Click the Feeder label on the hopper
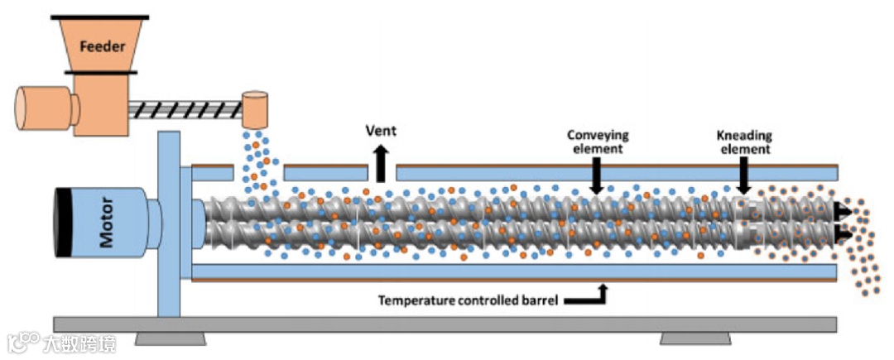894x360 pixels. tap(102, 46)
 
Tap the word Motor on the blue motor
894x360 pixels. tap(107, 225)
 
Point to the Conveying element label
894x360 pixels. tap(598, 142)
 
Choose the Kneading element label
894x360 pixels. tap(743, 142)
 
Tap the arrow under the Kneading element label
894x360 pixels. tap(743, 176)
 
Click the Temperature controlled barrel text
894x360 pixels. tap(468, 300)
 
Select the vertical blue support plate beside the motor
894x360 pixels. tap(169, 223)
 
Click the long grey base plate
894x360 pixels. tap(447, 324)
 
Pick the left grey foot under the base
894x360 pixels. tap(171, 338)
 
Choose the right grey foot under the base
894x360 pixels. tap(695, 338)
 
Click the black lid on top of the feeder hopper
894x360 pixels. tap(100, 16)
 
